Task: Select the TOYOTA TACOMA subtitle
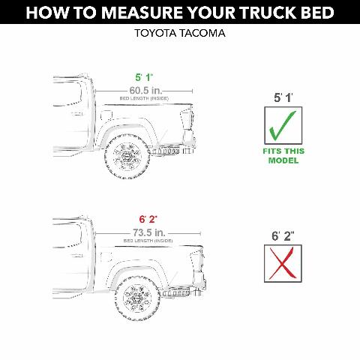pyautogui.click(x=180, y=34)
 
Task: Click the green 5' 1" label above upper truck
pyautogui.click(x=143, y=77)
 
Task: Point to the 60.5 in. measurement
pyautogui.click(x=144, y=89)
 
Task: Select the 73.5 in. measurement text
pyautogui.click(x=144, y=233)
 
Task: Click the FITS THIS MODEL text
pyautogui.click(x=280, y=156)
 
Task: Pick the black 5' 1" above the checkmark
pyautogui.click(x=280, y=97)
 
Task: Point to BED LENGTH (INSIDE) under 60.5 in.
pyautogui.click(x=144, y=97)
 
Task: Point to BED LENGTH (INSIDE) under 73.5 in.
pyautogui.click(x=144, y=241)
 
